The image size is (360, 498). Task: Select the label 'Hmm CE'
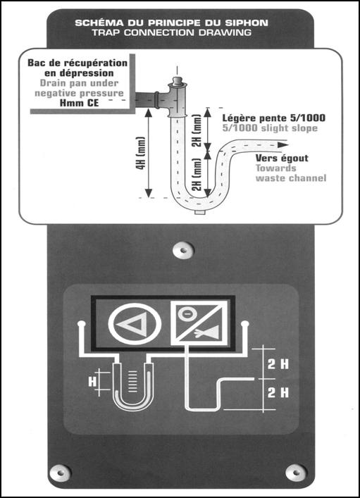point(79,103)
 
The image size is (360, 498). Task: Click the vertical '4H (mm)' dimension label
point(141,153)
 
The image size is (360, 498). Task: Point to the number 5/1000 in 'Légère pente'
point(307,118)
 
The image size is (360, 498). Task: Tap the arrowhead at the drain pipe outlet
point(283,145)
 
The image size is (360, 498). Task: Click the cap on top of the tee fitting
point(177,81)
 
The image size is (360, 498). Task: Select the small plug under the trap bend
point(199,211)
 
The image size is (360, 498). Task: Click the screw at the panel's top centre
point(183,250)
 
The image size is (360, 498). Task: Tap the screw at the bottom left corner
point(60,473)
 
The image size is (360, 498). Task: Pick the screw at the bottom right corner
point(296,472)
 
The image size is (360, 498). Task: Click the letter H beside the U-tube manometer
point(92,381)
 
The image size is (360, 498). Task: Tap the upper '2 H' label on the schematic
point(278,364)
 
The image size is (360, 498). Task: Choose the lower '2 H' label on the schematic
point(278,392)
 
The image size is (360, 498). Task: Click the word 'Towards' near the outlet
point(275,168)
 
